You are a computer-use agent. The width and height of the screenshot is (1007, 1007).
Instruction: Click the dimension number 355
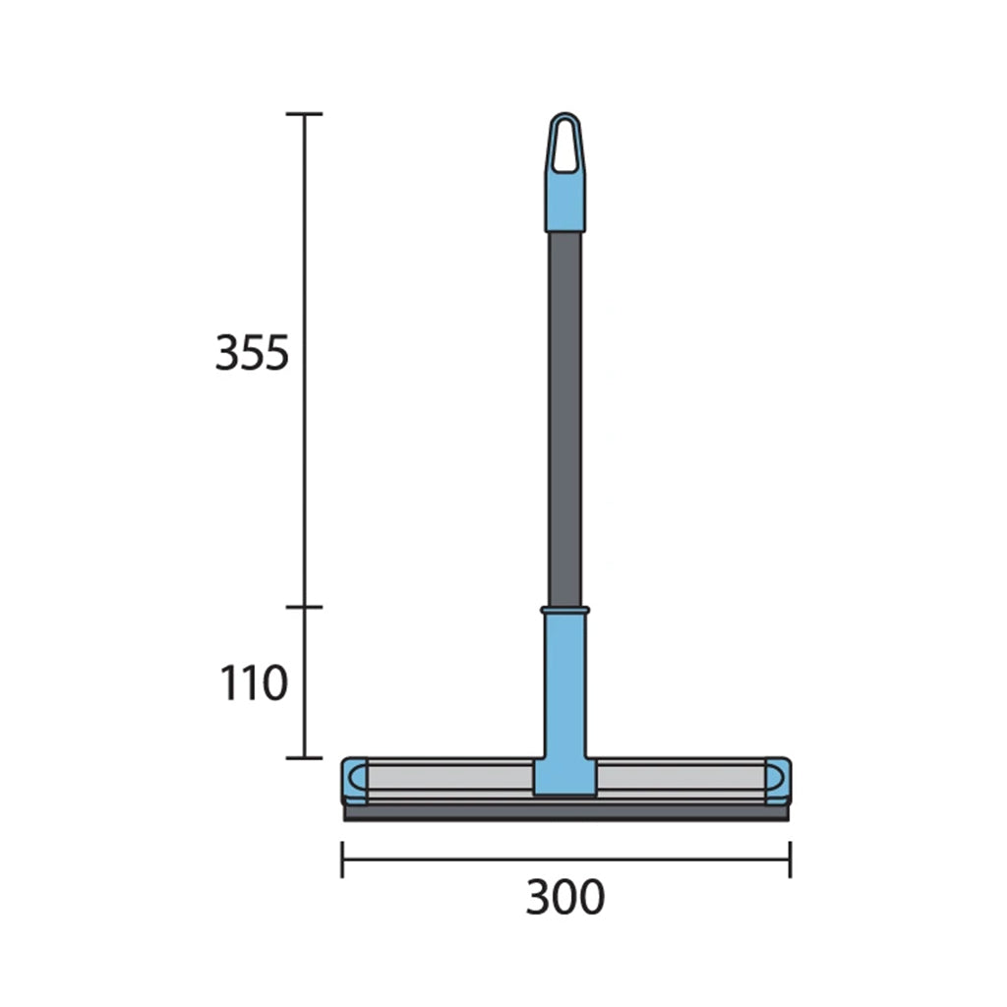pos(253,354)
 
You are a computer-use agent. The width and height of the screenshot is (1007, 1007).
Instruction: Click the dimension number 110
pos(253,683)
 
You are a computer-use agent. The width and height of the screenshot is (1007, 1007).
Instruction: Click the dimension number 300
pos(564,897)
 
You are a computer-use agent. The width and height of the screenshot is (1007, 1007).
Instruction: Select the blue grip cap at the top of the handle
pos(564,202)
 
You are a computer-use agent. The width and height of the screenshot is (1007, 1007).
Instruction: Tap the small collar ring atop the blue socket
pos(564,611)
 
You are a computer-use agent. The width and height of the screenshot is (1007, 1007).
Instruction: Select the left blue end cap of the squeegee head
pos(354,780)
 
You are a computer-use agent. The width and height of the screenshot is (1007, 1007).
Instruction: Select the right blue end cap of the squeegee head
pos(777,780)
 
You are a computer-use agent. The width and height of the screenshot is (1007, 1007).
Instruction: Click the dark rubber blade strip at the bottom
pos(565,813)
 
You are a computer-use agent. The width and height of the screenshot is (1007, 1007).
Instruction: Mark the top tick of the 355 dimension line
pos(304,114)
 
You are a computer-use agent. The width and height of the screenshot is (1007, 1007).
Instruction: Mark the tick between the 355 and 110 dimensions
pos(304,607)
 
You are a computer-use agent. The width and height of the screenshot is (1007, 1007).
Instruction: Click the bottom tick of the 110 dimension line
pos(304,757)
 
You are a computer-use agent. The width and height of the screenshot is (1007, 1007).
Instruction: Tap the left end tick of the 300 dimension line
pos(342,859)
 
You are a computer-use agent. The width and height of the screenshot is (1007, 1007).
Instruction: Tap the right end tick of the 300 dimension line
pos(790,859)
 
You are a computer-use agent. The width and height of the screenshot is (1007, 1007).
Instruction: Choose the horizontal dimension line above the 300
pos(565,859)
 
